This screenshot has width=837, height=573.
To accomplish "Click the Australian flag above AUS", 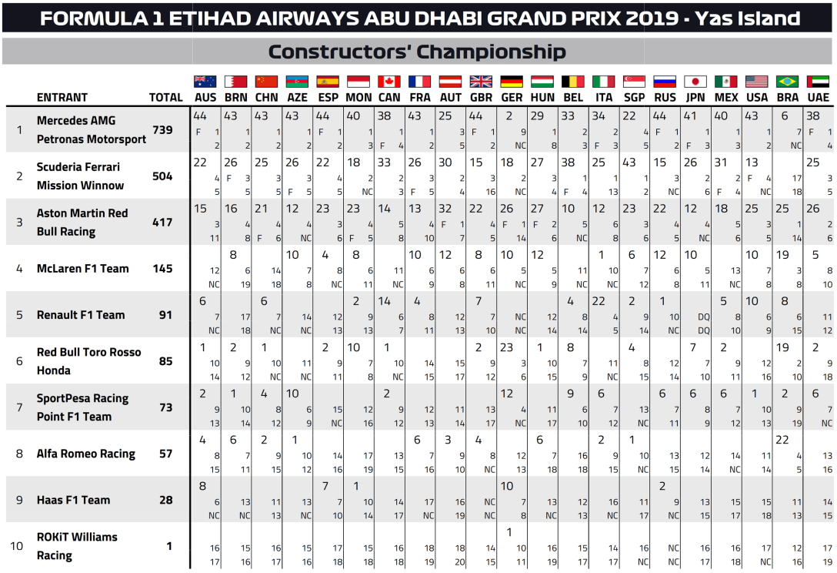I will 205,82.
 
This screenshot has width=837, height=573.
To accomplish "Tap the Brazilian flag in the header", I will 788,82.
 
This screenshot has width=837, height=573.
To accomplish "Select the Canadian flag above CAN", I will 388,82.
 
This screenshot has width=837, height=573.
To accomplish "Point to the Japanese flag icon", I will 695,82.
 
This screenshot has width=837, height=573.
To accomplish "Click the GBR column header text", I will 481,98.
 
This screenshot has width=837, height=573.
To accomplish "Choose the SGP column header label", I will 634,98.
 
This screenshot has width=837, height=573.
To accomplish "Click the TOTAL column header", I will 166,98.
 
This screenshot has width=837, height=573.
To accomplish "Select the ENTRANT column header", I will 62,98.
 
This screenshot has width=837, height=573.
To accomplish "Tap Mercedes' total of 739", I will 162,130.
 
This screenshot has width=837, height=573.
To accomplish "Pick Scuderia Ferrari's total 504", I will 162,176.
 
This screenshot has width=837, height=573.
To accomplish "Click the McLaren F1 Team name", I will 82,269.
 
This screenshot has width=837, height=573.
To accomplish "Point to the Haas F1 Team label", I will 74,500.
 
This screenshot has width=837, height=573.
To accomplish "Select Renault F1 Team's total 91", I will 165,315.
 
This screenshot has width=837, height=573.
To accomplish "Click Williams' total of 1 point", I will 169,546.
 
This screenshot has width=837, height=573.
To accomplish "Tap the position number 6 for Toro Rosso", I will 19,360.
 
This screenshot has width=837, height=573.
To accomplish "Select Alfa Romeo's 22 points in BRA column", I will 782,440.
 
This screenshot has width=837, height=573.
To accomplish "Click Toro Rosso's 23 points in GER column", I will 506,347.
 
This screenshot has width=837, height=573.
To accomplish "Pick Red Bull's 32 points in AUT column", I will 445,209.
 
